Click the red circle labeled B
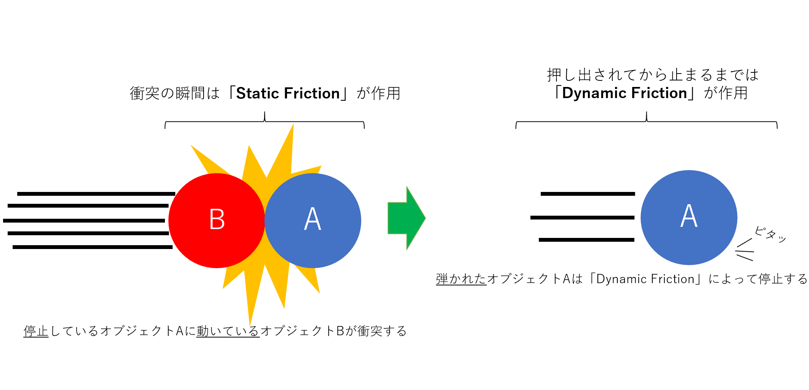coord(217,221)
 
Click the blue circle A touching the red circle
coord(313,221)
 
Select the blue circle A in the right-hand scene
coord(689,218)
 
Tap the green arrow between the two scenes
coord(407,218)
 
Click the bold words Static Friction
coord(288,93)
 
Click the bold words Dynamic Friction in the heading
coord(625,93)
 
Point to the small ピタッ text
coord(770,234)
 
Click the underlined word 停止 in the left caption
coord(36,331)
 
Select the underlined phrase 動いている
coord(228,331)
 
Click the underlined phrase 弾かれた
coord(461,279)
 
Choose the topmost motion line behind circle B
coord(96,194)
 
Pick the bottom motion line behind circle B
coord(93,247)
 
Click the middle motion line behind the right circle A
coord(582,218)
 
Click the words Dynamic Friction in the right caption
coord(645,279)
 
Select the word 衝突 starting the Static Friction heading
coord(145,93)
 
